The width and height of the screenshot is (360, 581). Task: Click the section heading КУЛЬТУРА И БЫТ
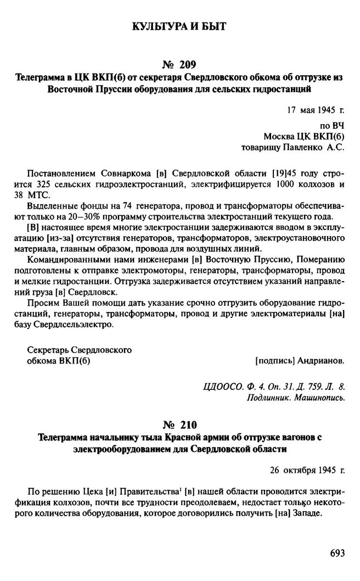point(179,26)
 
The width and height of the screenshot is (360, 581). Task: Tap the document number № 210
point(180,424)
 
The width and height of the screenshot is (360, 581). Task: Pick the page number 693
point(335,553)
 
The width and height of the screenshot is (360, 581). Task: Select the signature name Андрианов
point(321,361)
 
